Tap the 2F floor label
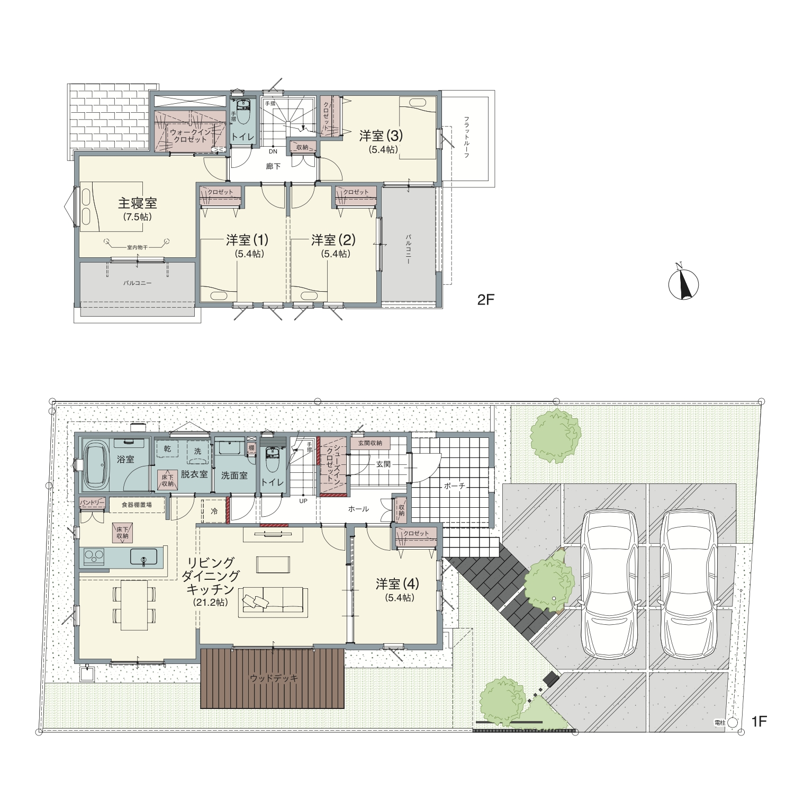pos(485,300)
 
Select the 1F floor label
pos(759,721)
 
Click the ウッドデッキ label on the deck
pos(274,678)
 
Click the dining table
pos(134,605)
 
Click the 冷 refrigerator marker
pos(214,511)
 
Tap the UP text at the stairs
pos(303,500)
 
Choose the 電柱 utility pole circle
pos(733,722)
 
